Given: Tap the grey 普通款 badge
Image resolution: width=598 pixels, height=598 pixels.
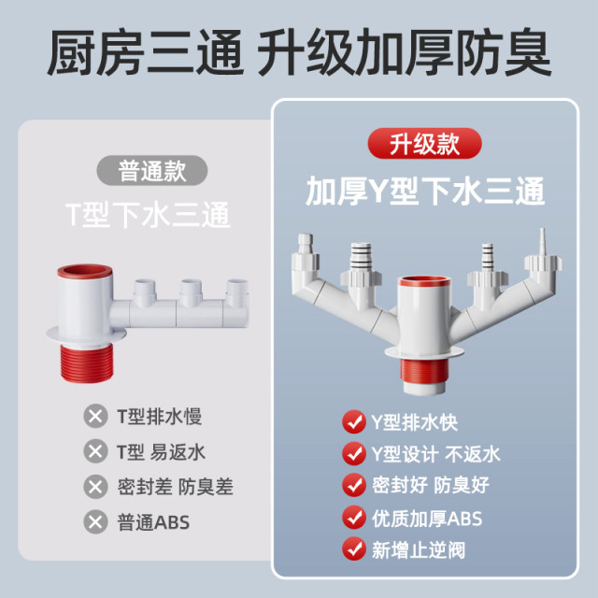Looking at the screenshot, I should [x=153, y=171].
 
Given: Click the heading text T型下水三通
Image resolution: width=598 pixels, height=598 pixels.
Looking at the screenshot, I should [x=152, y=216].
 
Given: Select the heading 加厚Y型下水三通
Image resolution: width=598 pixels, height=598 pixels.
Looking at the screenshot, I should [x=425, y=192].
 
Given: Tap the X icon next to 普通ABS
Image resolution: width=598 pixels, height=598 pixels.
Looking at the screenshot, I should [x=94, y=521].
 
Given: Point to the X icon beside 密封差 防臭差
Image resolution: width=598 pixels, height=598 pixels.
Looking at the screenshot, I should [x=94, y=487].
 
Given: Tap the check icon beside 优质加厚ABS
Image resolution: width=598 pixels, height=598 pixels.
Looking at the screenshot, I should [x=353, y=517].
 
